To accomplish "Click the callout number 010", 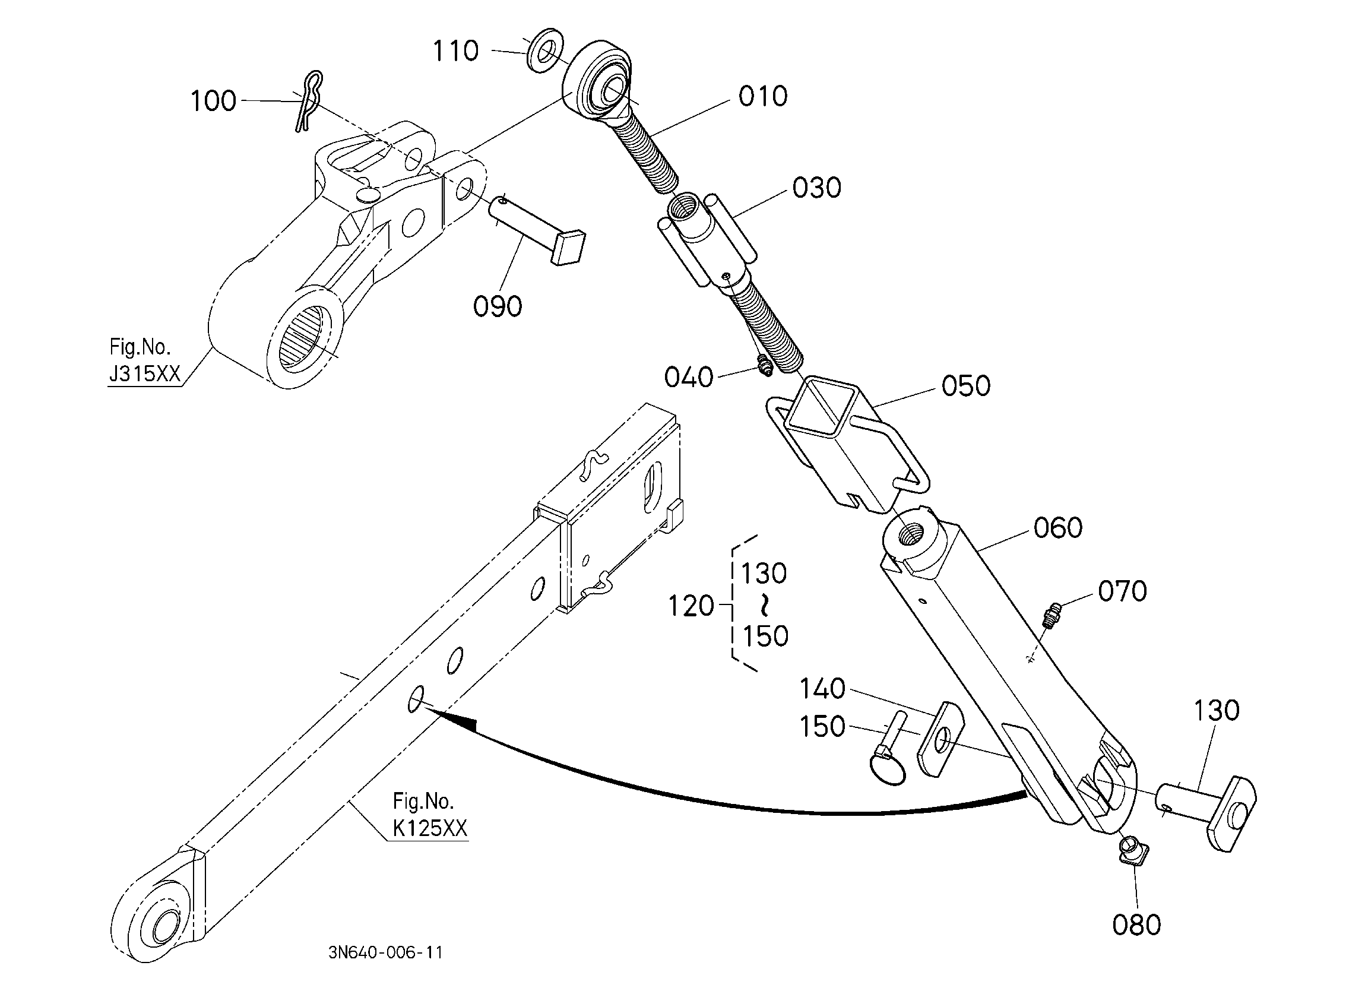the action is pyautogui.click(x=762, y=96).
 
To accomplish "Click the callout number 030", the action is pyautogui.click(x=816, y=188).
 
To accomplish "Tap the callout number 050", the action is pyautogui.click(x=965, y=386).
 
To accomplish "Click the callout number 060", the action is pyautogui.click(x=1057, y=528).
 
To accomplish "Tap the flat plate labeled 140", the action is pyautogui.click(x=940, y=739).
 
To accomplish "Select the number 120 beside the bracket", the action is pyautogui.click(x=691, y=606).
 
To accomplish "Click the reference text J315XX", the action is pyautogui.click(x=144, y=374).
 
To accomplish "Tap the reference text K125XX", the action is pyautogui.click(x=430, y=828).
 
